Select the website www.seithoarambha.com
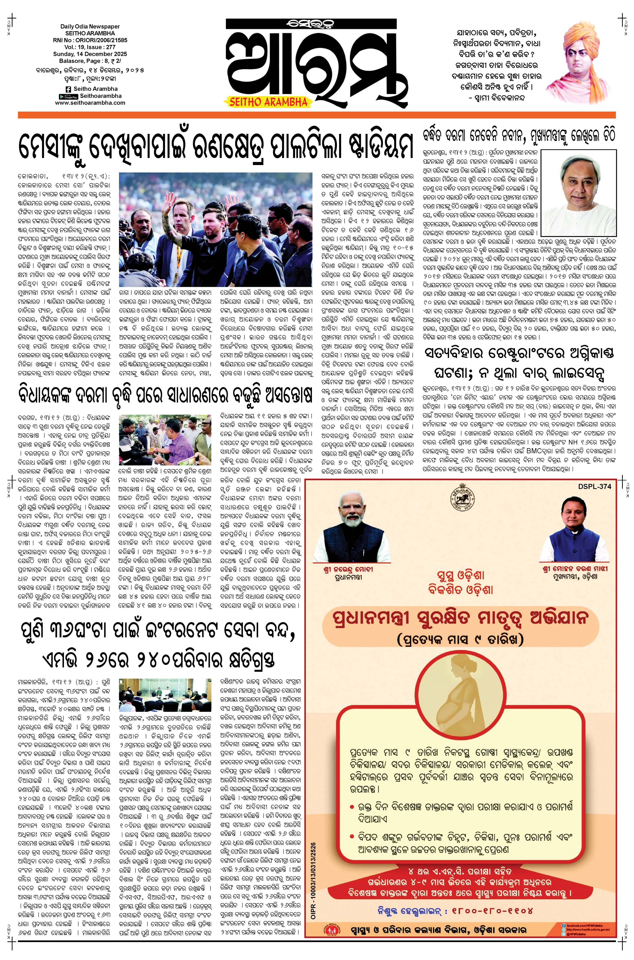coord(90,103)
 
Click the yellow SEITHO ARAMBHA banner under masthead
coord(268,102)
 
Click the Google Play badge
coord(68,96)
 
